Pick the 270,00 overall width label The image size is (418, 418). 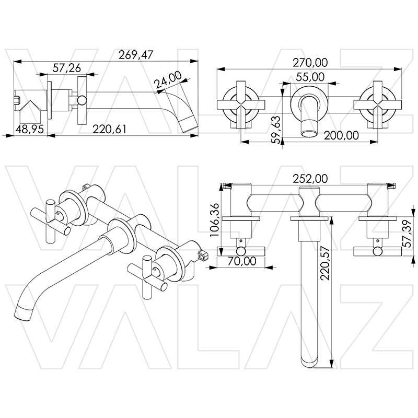point(310,62)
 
